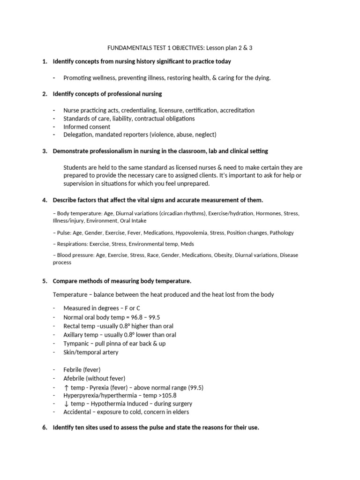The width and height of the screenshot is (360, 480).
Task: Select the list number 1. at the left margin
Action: coord(45,61)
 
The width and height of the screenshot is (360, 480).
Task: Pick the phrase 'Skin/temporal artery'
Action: coord(91,352)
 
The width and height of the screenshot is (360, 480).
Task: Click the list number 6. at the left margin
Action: coord(45,428)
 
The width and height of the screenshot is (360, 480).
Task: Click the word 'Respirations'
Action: coord(73,244)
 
